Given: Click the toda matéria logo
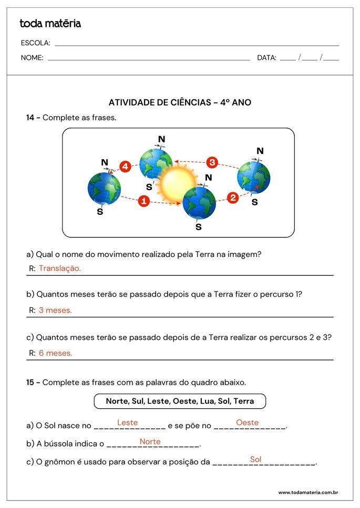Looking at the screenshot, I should coord(50,24).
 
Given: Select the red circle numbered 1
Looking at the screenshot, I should coord(144,201).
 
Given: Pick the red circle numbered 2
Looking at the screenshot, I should coord(233,198).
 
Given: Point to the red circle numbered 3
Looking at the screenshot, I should coord(212,162).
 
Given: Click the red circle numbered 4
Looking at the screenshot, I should coord(125,167).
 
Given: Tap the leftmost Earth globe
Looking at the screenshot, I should coord(104,188).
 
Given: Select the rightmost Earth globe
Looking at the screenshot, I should coord(253,177).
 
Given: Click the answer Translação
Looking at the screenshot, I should coord(60,268).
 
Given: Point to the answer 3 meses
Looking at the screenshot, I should coord(55,310).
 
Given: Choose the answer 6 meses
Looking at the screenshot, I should coord(55,353).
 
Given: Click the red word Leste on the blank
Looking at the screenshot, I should coord(128,422).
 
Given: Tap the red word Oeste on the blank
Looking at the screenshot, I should coord(247,422).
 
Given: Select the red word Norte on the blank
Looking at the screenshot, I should coord(150,442).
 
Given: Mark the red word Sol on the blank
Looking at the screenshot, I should coord(256,460).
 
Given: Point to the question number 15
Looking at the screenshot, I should coord(30,382).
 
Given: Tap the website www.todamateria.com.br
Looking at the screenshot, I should coord(307,493).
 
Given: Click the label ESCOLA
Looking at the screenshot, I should coord(35,43).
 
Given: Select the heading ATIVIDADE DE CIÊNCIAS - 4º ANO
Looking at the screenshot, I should coord(180,102).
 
